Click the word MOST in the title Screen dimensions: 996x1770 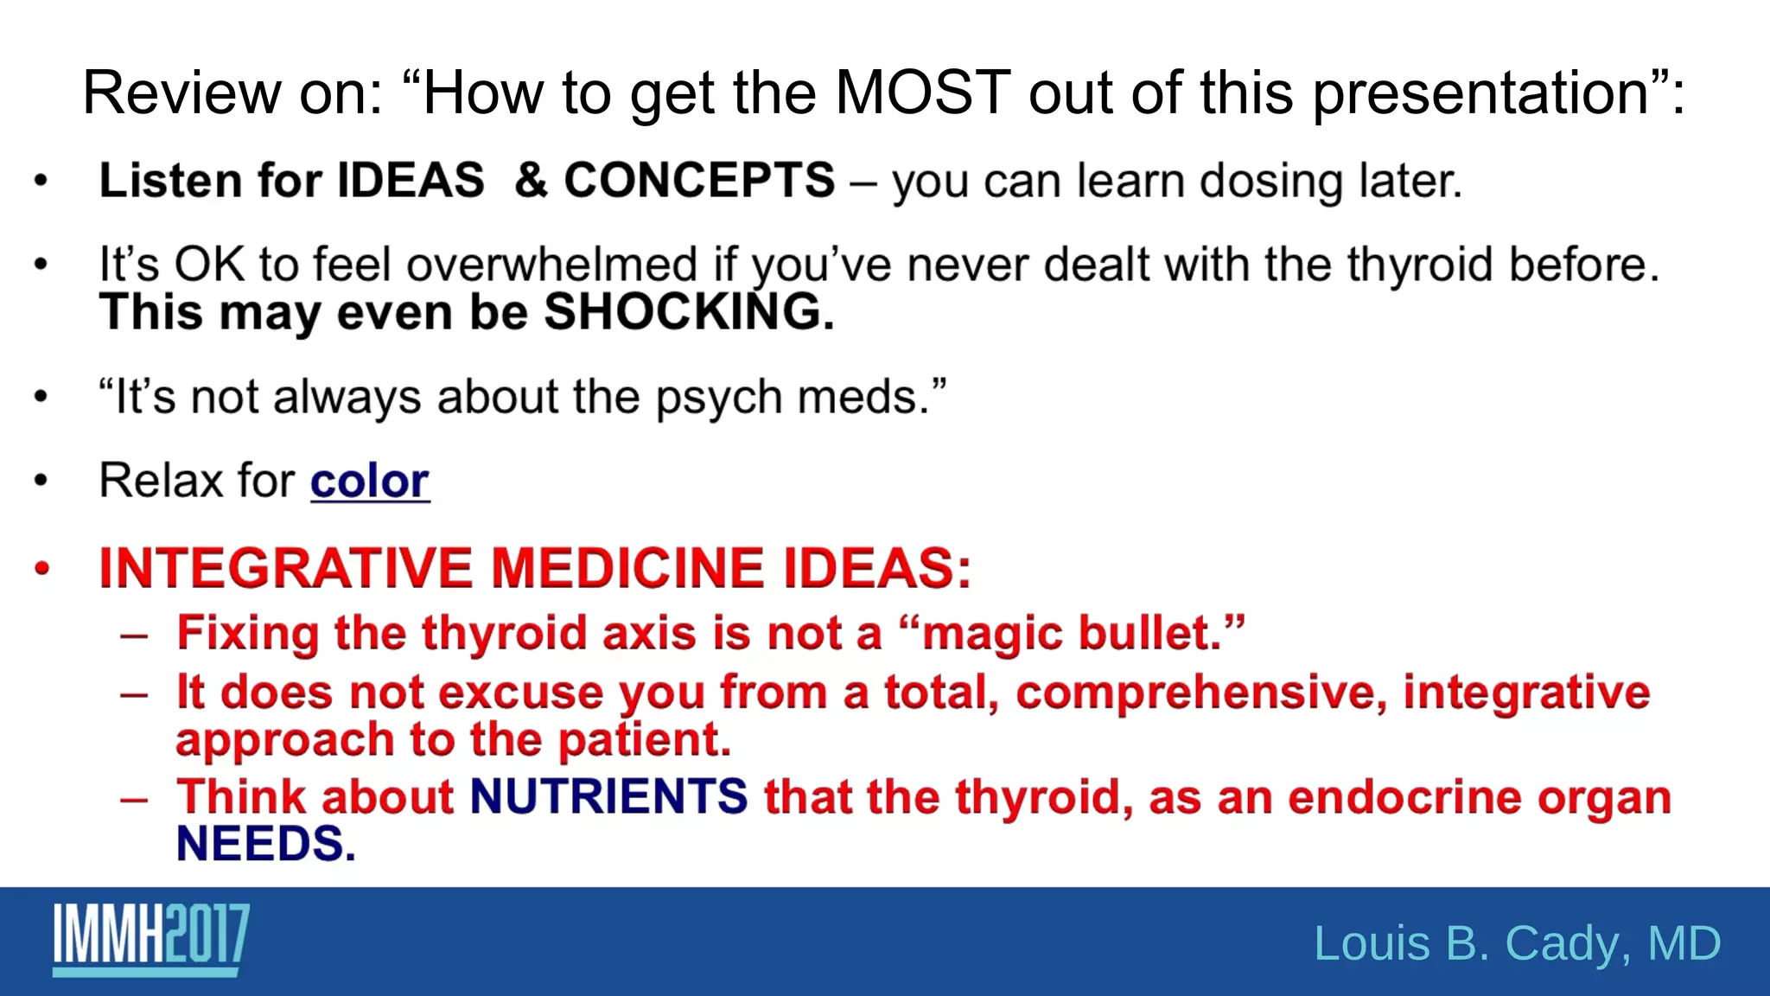tap(922, 93)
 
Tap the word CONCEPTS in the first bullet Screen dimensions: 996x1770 tap(699, 181)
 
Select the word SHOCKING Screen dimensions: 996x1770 tap(688, 312)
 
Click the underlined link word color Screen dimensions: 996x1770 tap(369, 482)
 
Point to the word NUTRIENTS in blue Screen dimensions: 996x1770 tap(608, 796)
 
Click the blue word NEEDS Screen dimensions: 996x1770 tap(265, 844)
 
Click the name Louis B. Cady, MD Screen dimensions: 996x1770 tap(1517, 942)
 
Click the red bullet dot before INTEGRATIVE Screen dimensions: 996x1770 tap(41, 568)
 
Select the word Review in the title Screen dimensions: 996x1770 tap(181, 93)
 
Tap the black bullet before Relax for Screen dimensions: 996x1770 tap(41, 481)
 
